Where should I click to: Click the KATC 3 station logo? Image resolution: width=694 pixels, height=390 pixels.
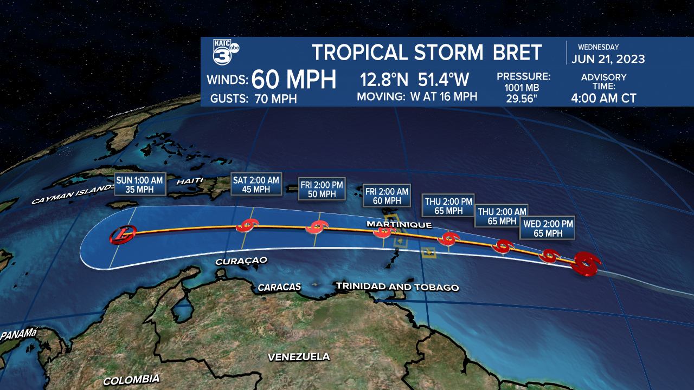(224, 52)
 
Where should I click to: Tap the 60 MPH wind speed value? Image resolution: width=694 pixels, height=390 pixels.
(294, 80)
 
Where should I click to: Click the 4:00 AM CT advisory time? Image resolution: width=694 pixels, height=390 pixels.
(603, 99)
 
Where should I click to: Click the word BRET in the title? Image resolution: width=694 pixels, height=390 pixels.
(517, 53)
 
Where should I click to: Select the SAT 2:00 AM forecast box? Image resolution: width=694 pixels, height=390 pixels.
(256, 185)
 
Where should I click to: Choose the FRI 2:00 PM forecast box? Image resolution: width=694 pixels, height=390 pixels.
(322, 189)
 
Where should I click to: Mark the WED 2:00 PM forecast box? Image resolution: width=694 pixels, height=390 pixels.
(548, 228)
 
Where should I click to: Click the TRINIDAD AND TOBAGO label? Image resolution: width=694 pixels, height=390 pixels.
(397, 287)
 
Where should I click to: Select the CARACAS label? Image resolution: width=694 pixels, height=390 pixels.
(279, 287)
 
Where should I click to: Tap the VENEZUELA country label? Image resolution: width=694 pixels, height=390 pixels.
(299, 356)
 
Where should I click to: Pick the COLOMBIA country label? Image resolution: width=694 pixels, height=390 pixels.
(131, 380)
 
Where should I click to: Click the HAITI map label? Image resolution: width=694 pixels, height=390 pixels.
(190, 180)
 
